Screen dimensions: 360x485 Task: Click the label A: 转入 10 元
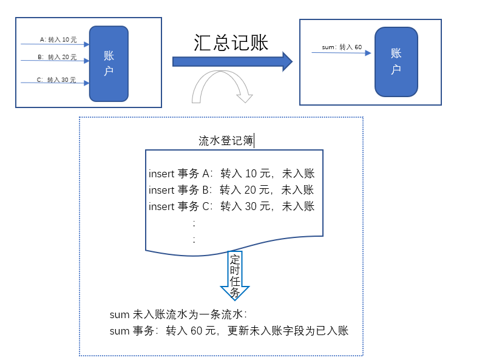58,39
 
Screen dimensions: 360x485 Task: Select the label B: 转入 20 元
57,57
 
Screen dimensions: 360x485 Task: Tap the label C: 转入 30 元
56,80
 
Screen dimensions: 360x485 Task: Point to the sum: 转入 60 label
342,47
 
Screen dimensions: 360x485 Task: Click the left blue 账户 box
109,63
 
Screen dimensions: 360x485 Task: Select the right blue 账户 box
396,61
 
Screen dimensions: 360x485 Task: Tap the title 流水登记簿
226,141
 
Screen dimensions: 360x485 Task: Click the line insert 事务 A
231,174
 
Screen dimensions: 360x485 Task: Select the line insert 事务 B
231,190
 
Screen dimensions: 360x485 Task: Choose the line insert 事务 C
231,206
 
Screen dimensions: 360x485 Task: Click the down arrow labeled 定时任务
235,275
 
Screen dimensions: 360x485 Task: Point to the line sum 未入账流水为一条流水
178,314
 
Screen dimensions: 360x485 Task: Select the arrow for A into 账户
55,44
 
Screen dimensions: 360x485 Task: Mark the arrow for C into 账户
55,83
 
